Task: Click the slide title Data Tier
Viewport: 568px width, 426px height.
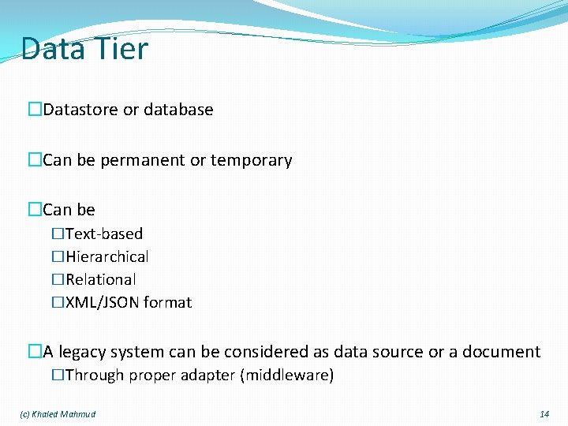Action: coord(84,49)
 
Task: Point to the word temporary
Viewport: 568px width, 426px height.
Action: coord(251,161)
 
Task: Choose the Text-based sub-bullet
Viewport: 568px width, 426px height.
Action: coord(104,234)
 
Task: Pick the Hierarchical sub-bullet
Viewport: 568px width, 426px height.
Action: coord(106,256)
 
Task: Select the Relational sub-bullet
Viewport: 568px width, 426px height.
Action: coord(100,279)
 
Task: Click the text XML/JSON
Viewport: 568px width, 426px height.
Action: coord(102,302)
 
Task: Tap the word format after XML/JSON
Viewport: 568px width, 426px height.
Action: coord(167,302)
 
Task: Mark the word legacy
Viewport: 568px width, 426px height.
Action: coord(81,352)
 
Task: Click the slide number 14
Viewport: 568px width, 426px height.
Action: coord(544,414)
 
